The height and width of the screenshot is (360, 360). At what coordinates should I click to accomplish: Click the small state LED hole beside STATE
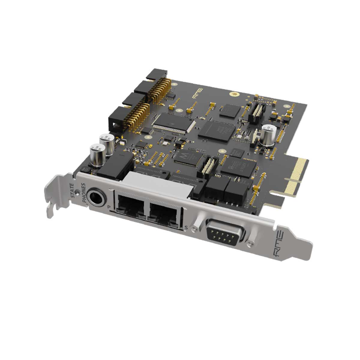tap(78, 191)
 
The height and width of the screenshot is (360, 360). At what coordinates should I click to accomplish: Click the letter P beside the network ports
tap(109, 207)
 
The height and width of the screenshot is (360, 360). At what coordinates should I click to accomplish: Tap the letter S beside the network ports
tap(186, 228)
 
